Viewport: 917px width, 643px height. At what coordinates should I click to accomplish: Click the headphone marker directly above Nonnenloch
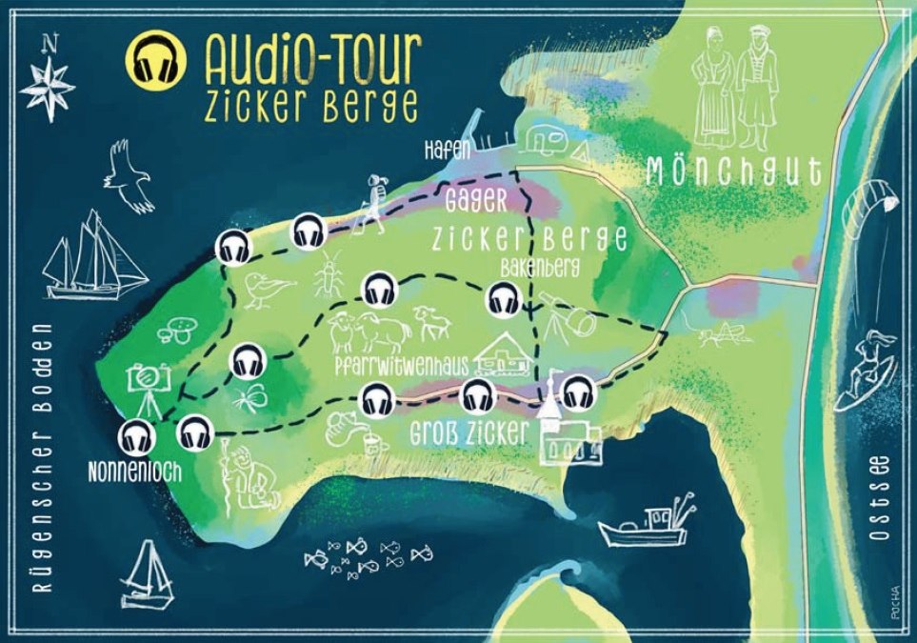point(136,437)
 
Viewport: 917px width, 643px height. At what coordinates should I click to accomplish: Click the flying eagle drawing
point(129,177)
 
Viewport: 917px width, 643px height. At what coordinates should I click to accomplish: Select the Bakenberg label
point(539,267)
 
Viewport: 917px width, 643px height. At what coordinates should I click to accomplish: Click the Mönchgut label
point(733,171)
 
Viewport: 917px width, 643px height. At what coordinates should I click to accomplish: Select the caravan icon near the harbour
point(545,140)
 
